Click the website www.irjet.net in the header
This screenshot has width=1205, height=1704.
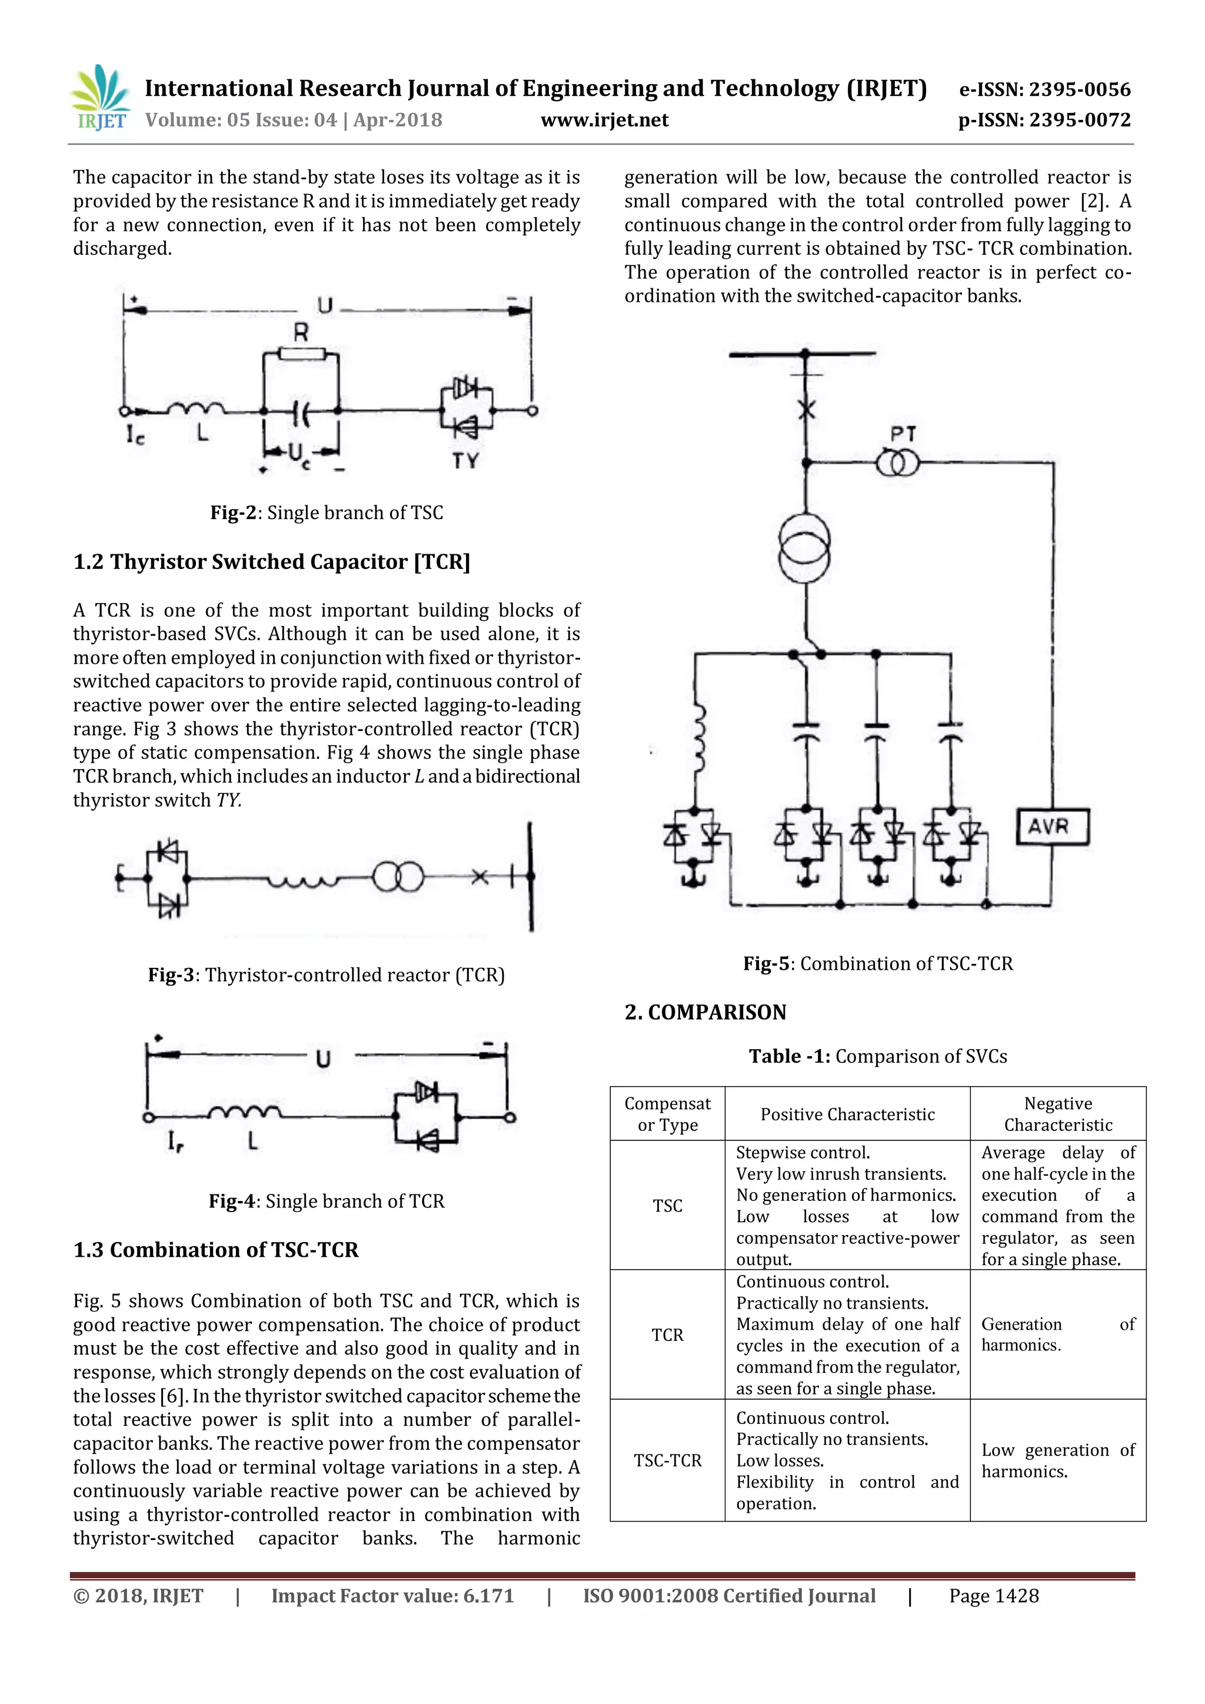(604, 119)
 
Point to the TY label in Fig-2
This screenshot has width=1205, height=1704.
(465, 461)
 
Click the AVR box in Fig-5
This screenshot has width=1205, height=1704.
(1051, 826)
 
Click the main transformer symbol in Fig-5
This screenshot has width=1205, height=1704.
(805, 551)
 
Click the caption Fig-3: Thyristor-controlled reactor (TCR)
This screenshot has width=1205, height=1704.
(326, 974)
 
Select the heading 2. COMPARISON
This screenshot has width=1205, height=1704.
(705, 1012)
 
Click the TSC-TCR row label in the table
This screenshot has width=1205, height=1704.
(667, 1460)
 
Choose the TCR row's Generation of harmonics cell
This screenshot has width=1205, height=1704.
(1057, 1334)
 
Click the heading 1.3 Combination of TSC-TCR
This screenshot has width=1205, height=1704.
(215, 1250)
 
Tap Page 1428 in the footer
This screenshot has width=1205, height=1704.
(994, 1596)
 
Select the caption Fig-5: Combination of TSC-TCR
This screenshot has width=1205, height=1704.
(877, 963)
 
